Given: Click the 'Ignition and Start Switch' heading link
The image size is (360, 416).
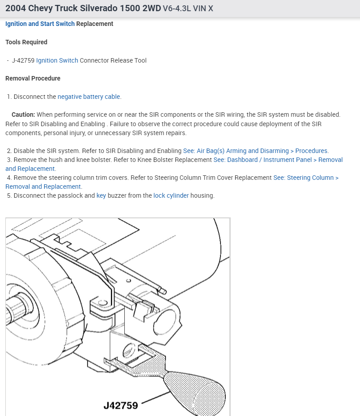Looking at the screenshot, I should click(x=40, y=24).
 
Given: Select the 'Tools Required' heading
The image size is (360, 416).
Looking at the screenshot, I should click(x=26, y=42).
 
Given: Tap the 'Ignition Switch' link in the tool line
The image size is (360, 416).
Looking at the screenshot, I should click(x=57, y=60).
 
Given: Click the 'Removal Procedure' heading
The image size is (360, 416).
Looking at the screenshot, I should click(x=33, y=78).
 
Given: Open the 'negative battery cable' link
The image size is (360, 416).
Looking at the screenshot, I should click(x=89, y=97).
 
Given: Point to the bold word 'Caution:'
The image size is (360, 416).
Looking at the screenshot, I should click(x=23, y=115).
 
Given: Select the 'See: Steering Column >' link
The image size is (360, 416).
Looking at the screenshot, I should click(x=306, y=178).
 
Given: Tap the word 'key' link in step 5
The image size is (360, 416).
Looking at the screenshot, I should click(x=101, y=195).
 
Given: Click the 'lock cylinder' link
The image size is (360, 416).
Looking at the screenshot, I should click(x=171, y=195).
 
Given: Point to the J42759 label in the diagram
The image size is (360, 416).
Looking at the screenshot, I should click(x=121, y=405).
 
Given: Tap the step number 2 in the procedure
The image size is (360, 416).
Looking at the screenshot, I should click(x=9, y=151).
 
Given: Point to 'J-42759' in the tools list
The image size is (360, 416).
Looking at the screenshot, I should click(x=23, y=60).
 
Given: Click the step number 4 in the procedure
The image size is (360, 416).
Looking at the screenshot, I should click(x=9, y=178).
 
